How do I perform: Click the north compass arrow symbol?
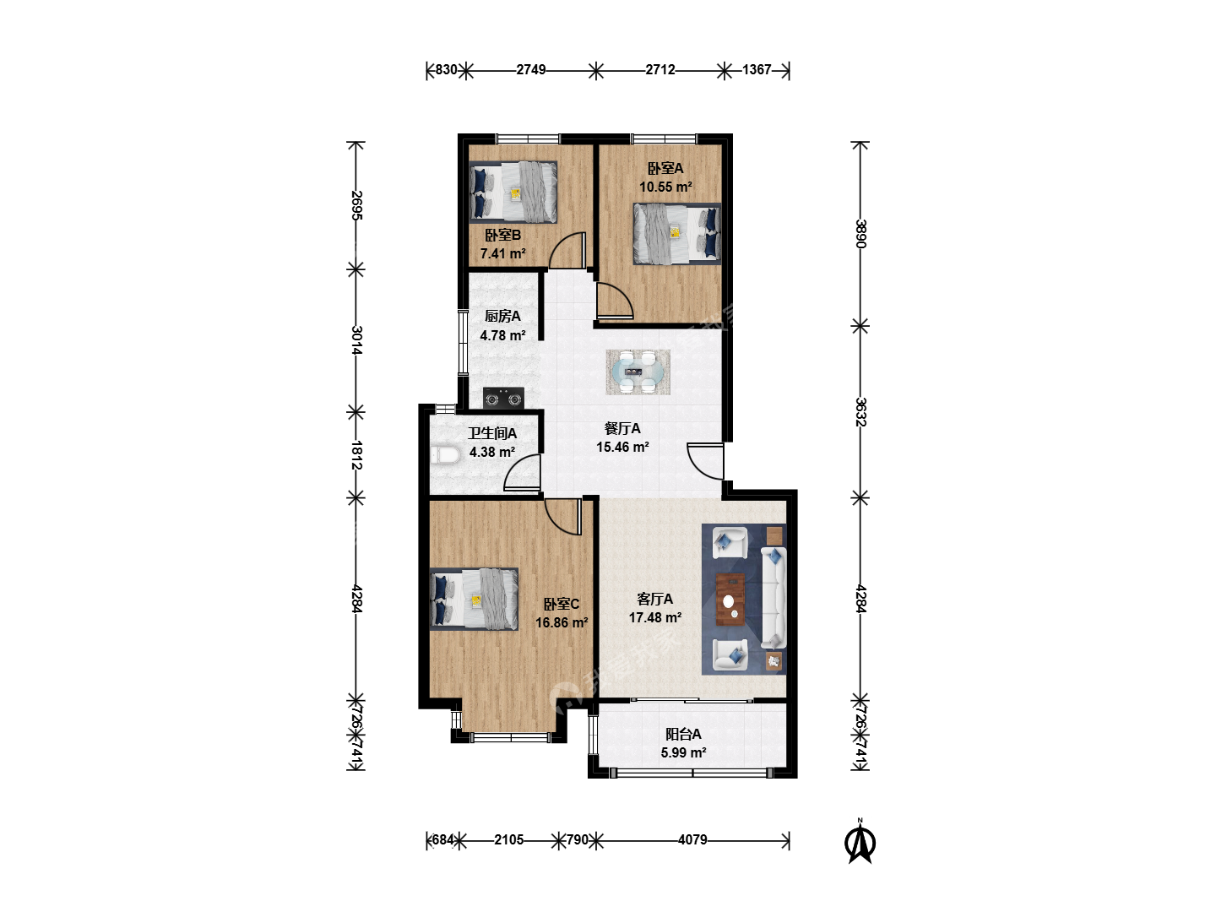(x=860, y=842)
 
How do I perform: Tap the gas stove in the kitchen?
(x=503, y=398)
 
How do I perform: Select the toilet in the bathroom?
(x=445, y=455)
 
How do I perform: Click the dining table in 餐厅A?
(x=638, y=372)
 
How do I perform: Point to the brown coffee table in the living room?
(x=730, y=600)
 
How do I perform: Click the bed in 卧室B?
(x=513, y=192)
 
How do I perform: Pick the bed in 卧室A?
(x=677, y=234)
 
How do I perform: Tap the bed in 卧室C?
(x=475, y=599)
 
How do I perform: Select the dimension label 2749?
(x=530, y=70)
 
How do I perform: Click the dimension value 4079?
(x=692, y=839)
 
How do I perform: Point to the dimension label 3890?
(x=860, y=234)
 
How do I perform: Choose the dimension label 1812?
(x=356, y=455)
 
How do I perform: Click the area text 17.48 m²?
(x=654, y=617)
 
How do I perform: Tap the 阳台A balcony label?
(x=683, y=735)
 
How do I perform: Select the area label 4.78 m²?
(x=502, y=335)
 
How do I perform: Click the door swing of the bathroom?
(x=522, y=472)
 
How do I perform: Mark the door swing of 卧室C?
(x=563, y=517)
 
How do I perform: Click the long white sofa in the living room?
(x=774, y=598)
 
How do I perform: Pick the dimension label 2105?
(x=508, y=839)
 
